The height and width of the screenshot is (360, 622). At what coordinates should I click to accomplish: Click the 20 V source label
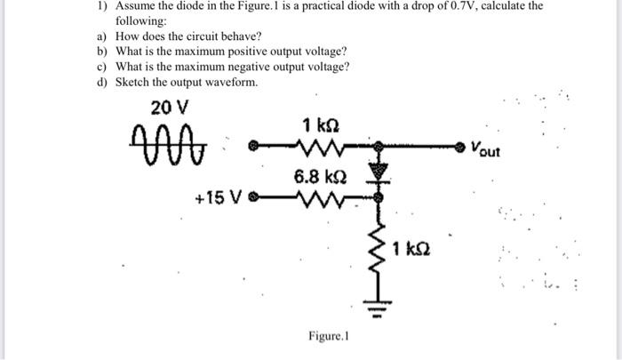click(169, 108)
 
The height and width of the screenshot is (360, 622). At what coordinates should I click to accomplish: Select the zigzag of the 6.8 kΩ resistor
click(316, 196)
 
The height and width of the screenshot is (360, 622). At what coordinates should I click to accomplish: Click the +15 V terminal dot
click(252, 196)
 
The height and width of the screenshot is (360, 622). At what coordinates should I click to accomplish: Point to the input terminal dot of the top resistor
click(252, 144)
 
